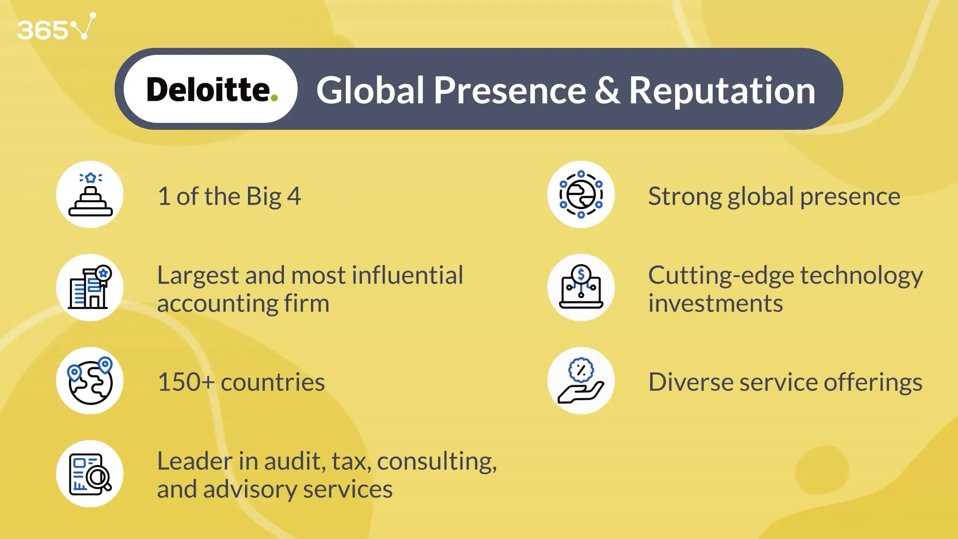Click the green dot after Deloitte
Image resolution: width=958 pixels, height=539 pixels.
coord(274,98)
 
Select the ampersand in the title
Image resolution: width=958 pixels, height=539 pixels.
coord(607,90)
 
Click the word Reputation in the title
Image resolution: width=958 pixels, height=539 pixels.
coord(722,90)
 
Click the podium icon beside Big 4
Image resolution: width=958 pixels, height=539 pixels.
coord(90,195)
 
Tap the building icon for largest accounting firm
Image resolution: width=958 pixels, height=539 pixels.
coord(90,287)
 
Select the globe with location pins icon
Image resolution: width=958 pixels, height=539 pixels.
coord(90,381)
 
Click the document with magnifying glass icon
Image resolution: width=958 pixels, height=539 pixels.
coord(90,474)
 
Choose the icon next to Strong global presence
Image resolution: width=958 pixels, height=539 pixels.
coord(581,195)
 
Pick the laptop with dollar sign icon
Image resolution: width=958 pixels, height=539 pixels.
coord(581,287)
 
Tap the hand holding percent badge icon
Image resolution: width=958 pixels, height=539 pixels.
coord(581,381)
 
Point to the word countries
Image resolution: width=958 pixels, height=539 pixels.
coord(272,382)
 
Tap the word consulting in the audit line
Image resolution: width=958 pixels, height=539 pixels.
coord(437,462)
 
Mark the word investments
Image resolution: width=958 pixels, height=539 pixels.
coord(716,303)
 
